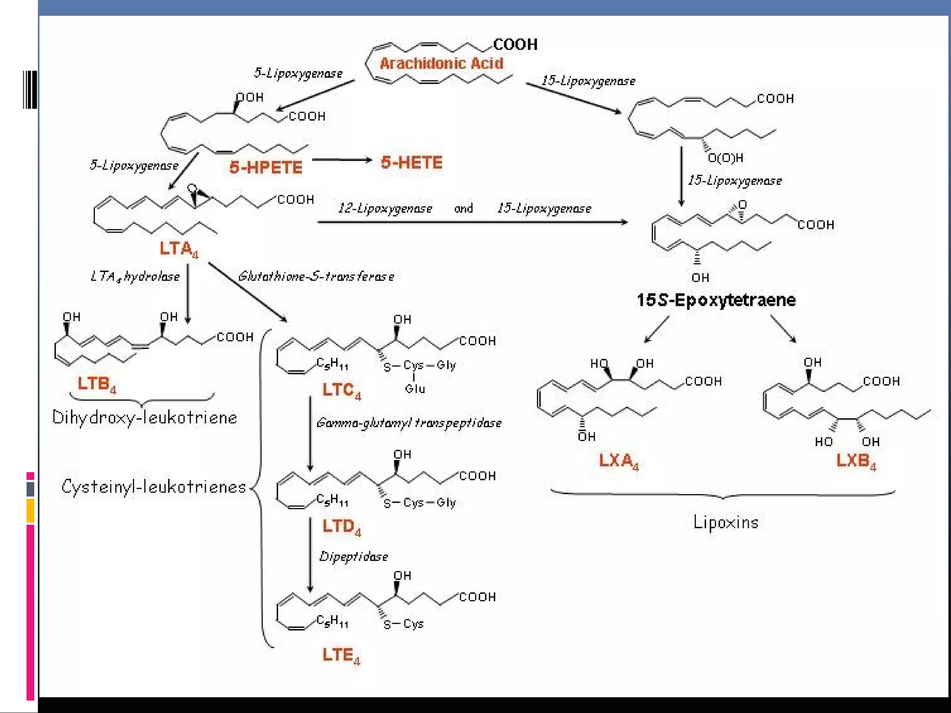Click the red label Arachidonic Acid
pos(441,63)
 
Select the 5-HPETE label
pos(266,167)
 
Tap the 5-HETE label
pos(411,162)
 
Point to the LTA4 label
pos(179,249)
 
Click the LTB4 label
pos(97,384)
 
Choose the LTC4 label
pos(341,390)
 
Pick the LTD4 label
pos(341,527)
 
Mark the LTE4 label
pos(341,655)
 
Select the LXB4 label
pos(856,461)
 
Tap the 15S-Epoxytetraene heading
pos(716,300)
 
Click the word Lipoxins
pos(725,522)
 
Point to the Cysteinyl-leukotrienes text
pos(154,487)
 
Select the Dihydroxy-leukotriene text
pos(144,417)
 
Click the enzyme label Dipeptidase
pos(353,557)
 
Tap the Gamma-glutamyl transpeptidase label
pos(409,423)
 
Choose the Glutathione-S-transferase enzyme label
pos(316,277)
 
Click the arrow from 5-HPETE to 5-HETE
pos(342,160)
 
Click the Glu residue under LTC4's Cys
pos(415,389)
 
